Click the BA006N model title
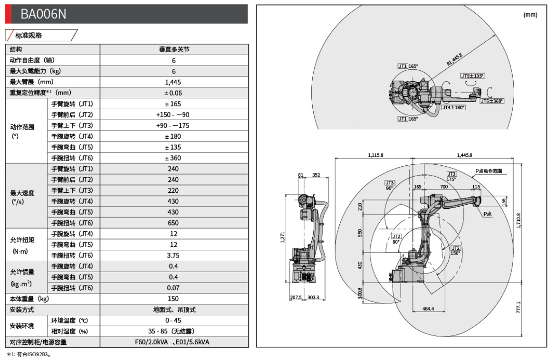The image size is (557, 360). (x=43, y=15)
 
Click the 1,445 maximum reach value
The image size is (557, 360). (x=173, y=82)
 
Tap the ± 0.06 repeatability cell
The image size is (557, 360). (x=173, y=93)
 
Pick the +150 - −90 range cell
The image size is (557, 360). (x=173, y=115)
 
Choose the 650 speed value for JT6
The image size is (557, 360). (x=173, y=223)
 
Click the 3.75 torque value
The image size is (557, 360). (x=173, y=256)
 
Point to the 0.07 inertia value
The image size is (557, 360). (x=173, y=288)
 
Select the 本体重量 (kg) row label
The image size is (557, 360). (x=29, y=299)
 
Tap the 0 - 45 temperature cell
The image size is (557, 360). (x=173, y=321)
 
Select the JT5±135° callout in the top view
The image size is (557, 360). (x=472, y=76)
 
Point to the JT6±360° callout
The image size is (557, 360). (x=491, y=101)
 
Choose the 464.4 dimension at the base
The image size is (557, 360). (x=428, y=309)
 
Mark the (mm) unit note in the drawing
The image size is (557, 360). (x=530, y=15)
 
